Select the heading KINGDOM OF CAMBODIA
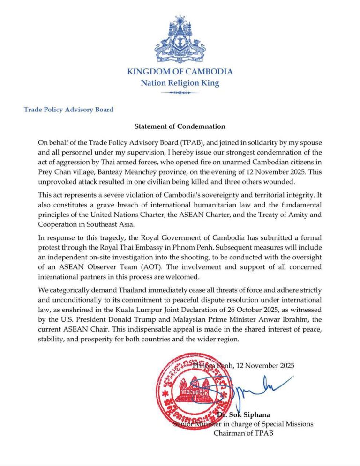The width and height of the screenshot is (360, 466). point(180,72)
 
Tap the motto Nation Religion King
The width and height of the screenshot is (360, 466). point(180,83)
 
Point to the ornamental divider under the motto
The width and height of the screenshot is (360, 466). point(180,93)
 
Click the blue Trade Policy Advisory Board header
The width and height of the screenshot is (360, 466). point(69,110)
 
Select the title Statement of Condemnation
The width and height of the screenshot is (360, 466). point(180,126)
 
